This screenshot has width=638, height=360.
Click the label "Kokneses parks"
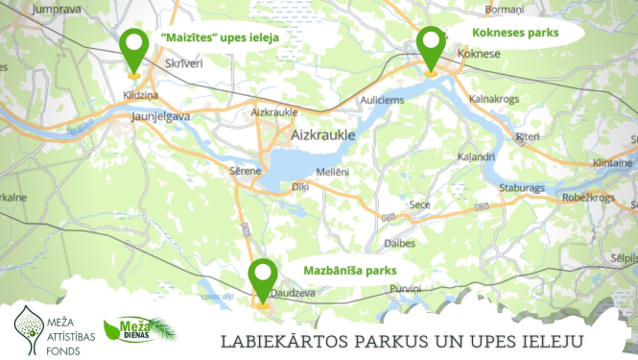(x=514, y=33)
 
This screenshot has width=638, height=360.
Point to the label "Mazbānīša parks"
(x=343, y=270)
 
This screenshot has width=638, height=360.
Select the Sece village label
(x=419, y=204)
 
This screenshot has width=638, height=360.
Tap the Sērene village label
(x=245, y=170)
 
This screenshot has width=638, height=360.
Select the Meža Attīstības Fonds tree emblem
(x=35, y=320)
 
